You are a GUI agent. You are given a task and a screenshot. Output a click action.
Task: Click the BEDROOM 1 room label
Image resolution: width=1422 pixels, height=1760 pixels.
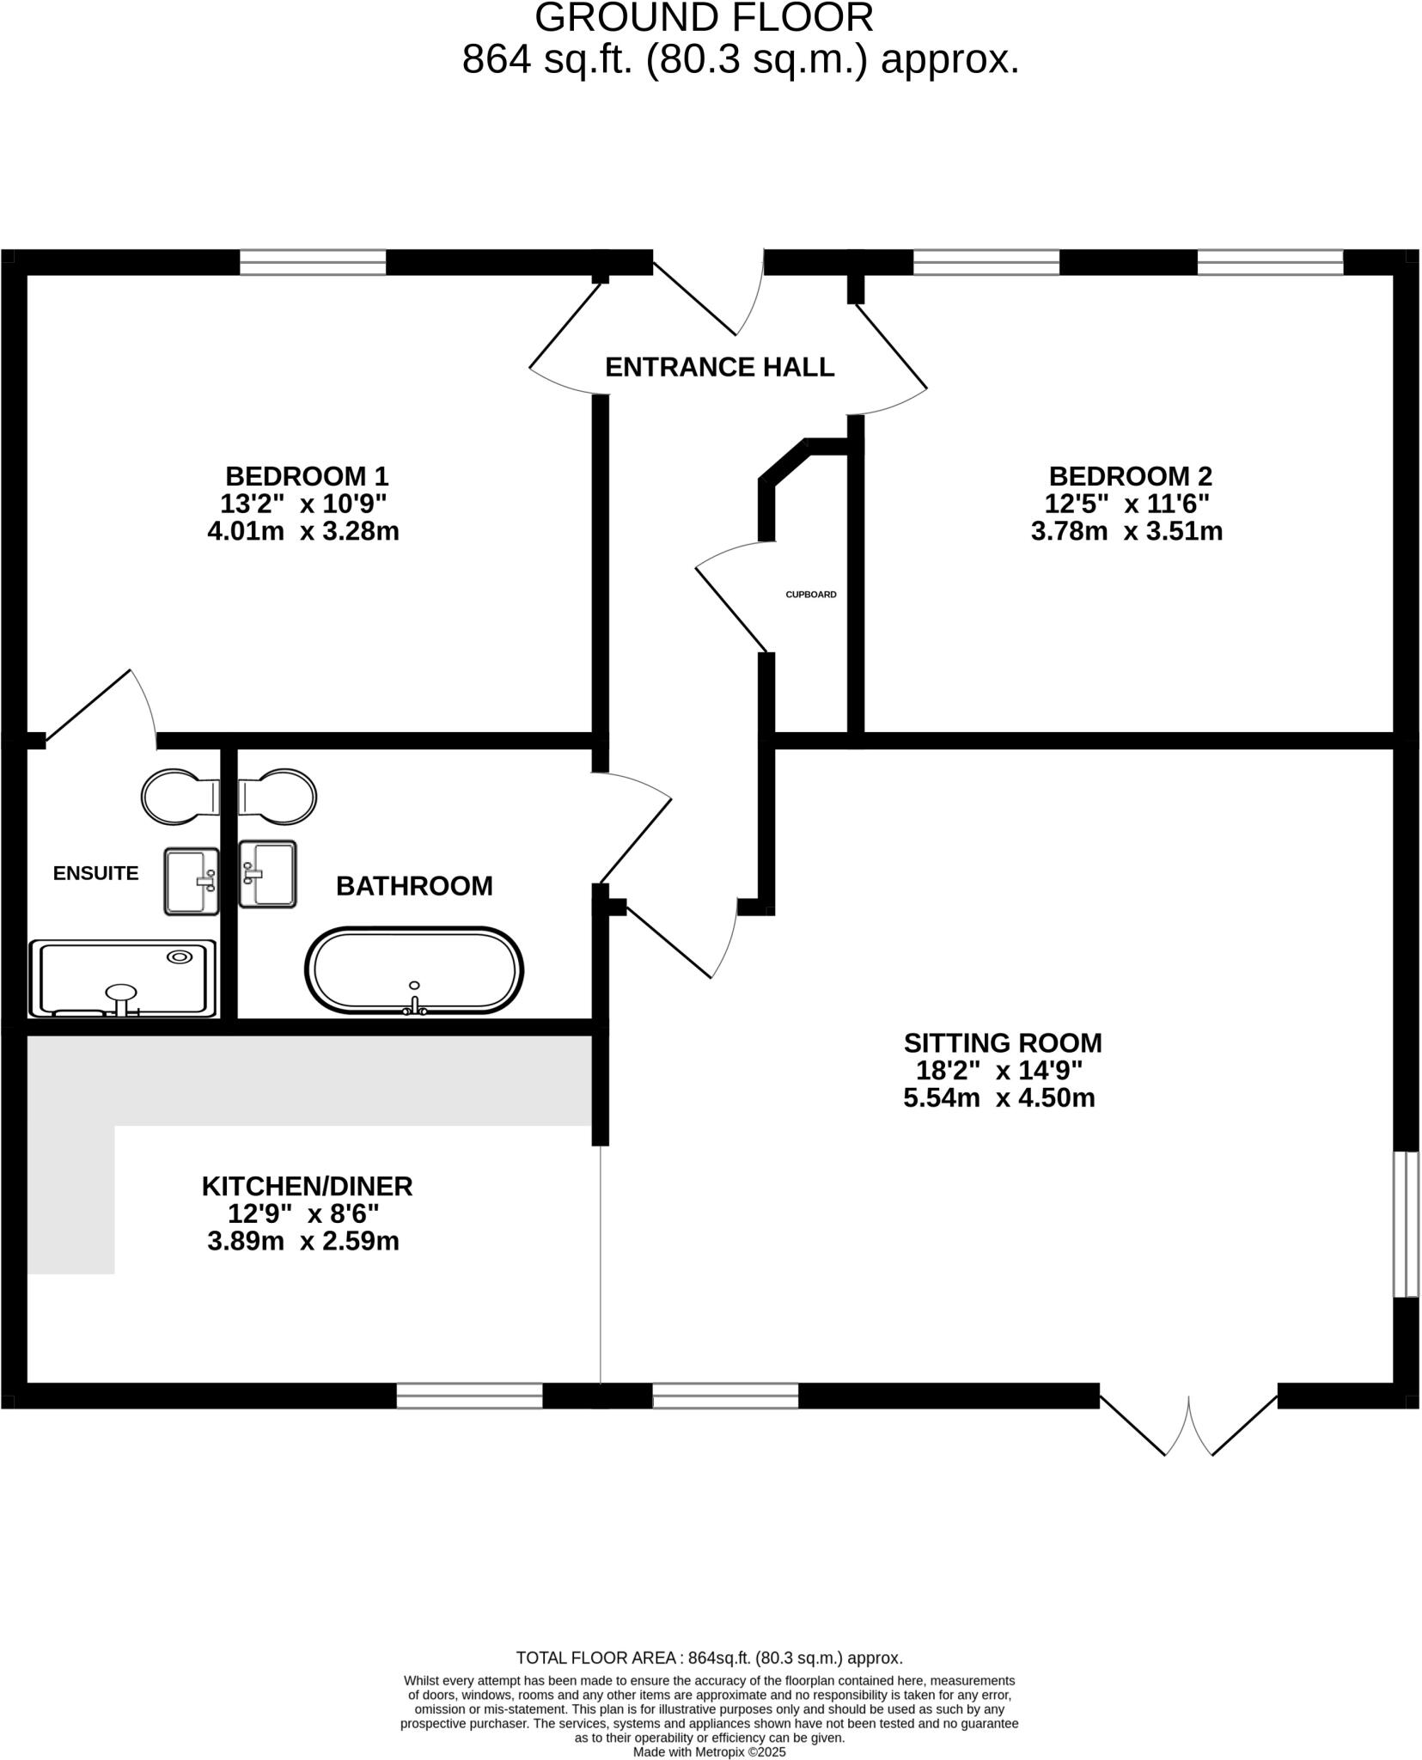pos(307,475)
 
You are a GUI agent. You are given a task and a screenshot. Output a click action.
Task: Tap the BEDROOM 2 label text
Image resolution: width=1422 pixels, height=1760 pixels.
pos(1130,475)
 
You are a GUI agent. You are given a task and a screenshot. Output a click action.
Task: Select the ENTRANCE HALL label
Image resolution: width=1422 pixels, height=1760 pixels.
pos(719,367)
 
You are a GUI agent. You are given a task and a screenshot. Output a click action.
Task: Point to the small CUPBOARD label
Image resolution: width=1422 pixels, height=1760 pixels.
pos(810,595)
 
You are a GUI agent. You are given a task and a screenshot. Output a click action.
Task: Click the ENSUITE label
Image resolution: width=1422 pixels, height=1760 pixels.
pos(95,873)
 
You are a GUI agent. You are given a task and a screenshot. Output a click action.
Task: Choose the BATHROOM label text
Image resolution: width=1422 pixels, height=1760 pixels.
pos(414,886)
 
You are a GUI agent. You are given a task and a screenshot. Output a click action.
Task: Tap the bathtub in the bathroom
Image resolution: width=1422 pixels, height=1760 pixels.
pos(414,971)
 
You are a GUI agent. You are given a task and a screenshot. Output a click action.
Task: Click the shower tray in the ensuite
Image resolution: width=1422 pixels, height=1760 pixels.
pos(122,979)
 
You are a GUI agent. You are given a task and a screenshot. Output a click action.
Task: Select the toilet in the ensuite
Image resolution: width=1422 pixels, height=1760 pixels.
pos(178,796)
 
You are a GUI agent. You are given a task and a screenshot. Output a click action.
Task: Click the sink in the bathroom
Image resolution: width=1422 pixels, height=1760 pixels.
pos(267,874)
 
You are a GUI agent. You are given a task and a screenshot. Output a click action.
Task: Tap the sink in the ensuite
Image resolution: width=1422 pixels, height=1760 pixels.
pos(192,881)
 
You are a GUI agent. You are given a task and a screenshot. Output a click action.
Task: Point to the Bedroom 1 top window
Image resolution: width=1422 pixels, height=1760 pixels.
pos(313,262)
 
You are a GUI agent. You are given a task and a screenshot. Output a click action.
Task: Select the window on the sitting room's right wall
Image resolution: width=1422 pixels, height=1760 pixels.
pos(1406,1224)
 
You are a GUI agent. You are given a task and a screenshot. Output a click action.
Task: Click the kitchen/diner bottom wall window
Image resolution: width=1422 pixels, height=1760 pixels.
pos(469,1396)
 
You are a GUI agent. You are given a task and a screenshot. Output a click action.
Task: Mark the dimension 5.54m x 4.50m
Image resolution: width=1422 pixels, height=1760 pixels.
pos(998,1098)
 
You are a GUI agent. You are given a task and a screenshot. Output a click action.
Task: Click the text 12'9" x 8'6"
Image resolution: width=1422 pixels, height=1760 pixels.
pos(303,1213)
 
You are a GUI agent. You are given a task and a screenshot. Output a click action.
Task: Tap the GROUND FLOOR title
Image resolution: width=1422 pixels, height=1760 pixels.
pos(704,18)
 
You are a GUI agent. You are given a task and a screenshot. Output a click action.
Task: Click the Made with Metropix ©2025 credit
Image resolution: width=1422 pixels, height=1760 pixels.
pos(709,1751)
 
